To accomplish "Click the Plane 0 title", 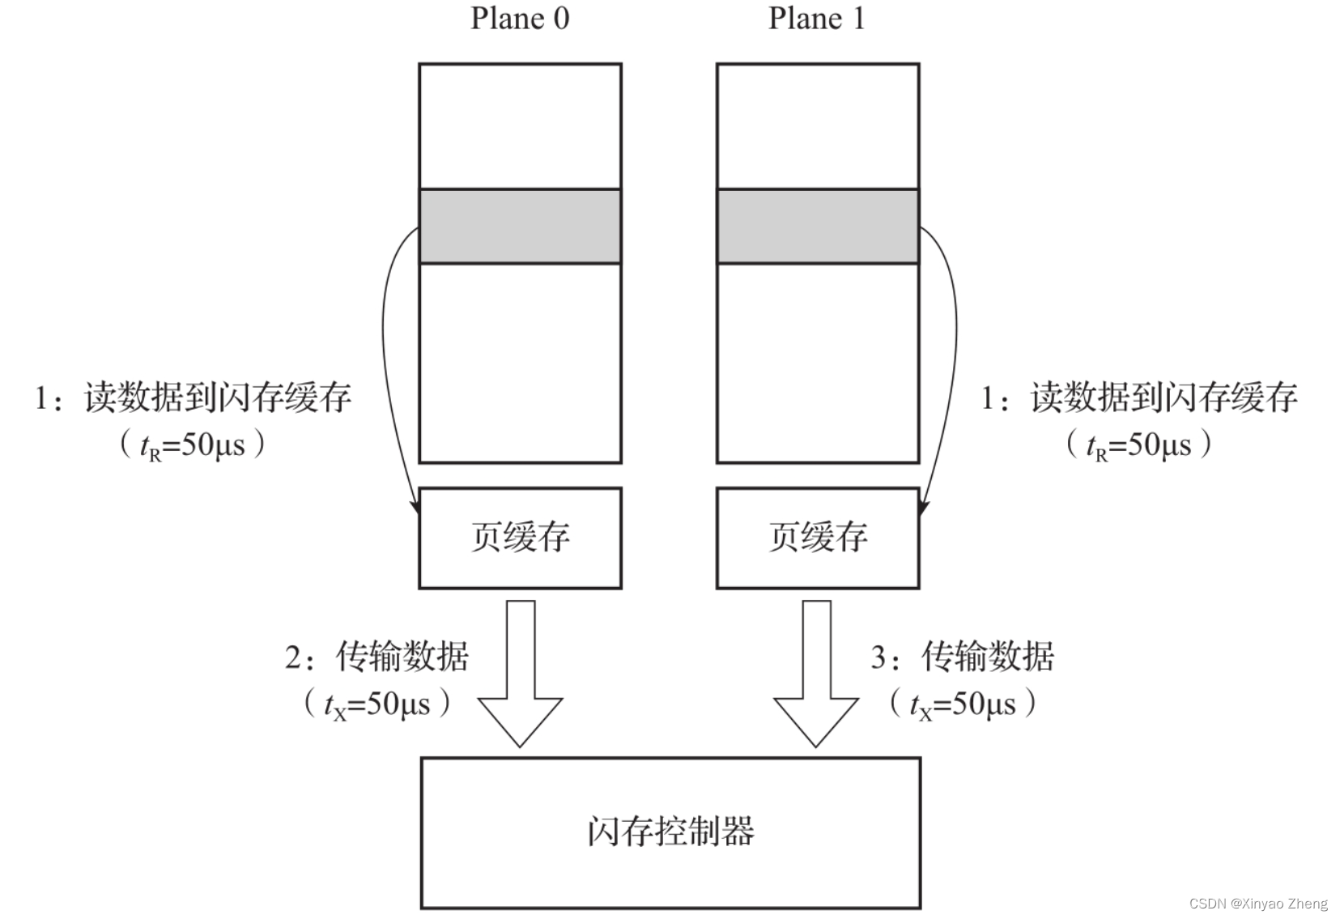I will point(520,18).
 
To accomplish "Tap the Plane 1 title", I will point(816,18).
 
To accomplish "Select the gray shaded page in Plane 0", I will point(520,226).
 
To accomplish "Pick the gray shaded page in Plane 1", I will point(818,226).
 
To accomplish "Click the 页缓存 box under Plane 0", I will point(520,538).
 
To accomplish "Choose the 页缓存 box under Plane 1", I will point(818,538).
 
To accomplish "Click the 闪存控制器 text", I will point(670,832).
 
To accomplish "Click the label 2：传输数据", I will point(376,657).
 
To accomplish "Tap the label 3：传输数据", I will point(963,657).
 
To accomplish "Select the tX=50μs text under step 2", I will point(376,704).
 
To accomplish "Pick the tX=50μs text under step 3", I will point(963,704).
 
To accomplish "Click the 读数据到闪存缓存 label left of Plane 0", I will point(193,398).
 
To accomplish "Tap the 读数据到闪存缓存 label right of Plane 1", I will point(1139,398).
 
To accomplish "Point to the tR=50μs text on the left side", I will point(193,445).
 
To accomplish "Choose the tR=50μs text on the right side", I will point(1139,445).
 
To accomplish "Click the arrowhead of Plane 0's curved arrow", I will point(415,505).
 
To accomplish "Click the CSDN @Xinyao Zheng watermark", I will point(1258,904).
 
